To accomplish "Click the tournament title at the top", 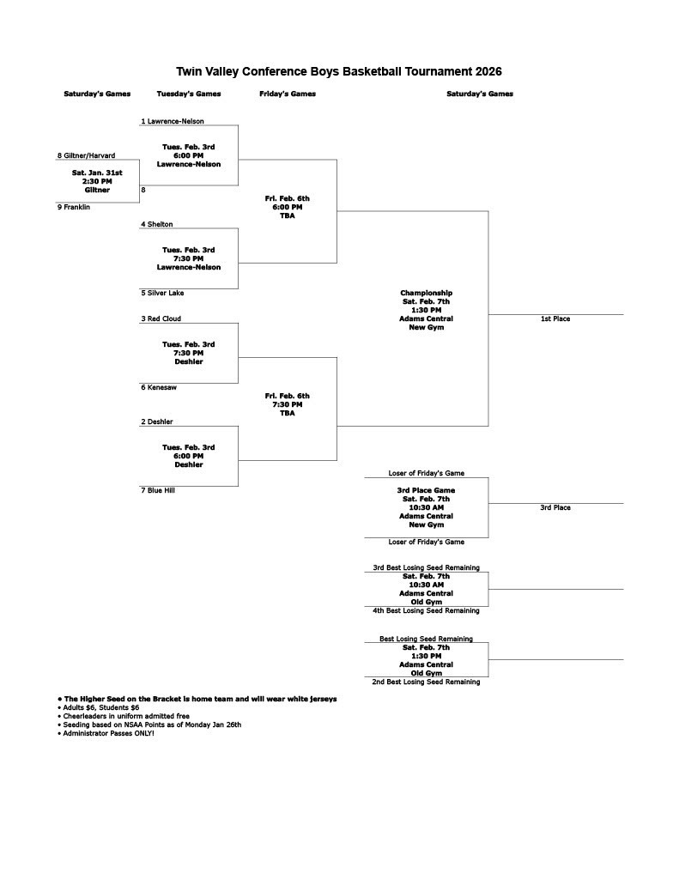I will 339,72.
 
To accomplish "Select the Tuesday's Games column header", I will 189,94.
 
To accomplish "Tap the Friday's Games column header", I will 288,94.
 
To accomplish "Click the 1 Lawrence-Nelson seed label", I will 173,121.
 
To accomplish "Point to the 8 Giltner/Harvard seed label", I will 86,155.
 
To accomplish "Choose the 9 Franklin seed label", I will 74,207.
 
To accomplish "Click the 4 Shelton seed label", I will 157,224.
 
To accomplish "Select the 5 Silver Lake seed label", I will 162,293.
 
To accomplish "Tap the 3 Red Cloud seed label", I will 161,318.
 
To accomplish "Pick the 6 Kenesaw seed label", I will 161,387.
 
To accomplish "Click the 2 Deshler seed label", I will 157,421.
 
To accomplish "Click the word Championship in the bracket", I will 426,293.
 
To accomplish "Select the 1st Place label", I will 555,318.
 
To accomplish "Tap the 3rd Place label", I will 555,507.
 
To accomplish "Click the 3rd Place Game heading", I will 426,490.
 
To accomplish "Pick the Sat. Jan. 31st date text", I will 97,173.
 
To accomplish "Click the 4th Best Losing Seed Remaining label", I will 426,610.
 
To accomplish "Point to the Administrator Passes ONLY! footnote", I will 108,733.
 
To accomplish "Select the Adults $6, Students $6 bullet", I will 100,707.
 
